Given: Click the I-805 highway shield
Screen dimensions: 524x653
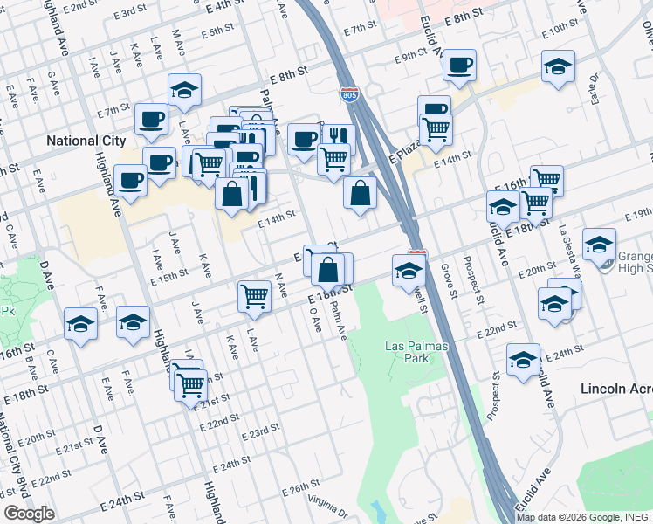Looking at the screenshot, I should coord(349,94).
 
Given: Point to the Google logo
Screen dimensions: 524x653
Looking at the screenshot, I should coord(28,514).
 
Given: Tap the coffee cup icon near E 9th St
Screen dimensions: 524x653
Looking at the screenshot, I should coord(459,65).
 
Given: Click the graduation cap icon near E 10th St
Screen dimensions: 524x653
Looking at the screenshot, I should coord(558,66).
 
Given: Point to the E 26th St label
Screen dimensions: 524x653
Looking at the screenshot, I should coord(304,486).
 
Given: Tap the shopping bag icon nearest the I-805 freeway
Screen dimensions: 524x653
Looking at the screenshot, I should coord(360,194).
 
